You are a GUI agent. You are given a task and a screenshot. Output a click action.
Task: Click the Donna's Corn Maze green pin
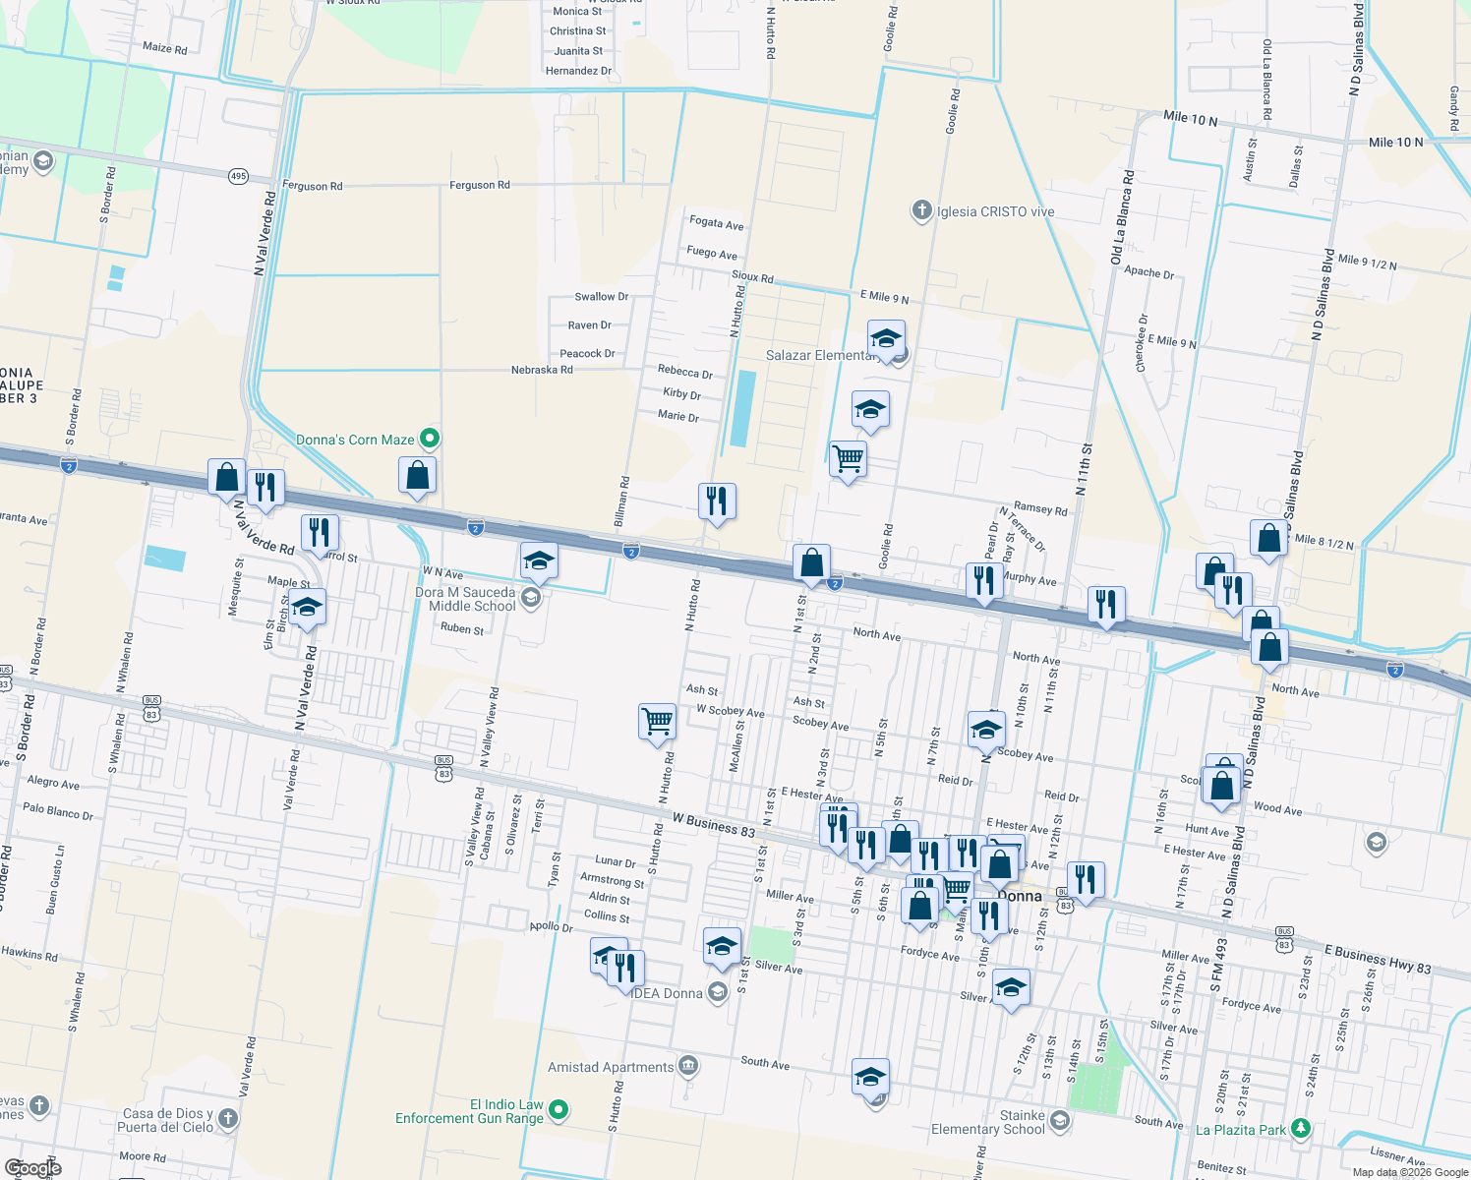(x=429, y=439)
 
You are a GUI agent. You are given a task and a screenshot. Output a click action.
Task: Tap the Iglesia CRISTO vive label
(x=995, y=211)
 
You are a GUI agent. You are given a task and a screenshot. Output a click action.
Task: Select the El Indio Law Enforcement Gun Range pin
(x=559, y=1110)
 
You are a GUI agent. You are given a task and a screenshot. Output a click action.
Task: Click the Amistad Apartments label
(x=611, y=1067)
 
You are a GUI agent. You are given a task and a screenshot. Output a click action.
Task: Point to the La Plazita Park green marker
(x=1301, y=1128)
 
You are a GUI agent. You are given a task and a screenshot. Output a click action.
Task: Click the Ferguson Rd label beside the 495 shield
(x=313, y=186)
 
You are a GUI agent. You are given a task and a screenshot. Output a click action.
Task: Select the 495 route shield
(x=238, y=177)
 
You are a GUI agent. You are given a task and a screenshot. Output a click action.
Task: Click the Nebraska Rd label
(x=542, y=370)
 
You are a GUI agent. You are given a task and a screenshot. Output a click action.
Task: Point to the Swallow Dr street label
(x=601, y=296)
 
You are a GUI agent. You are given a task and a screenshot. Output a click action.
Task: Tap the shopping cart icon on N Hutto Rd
(x=657, y=722)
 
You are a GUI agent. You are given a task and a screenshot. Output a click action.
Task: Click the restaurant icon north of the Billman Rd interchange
(x=717, y=501)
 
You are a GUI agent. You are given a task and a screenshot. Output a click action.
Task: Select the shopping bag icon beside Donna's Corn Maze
(x=417, y=476)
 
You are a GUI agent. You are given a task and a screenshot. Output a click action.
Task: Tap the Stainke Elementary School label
(x=988, y=1122)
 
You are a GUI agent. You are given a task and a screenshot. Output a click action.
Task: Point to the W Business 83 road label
(x=714, y=824)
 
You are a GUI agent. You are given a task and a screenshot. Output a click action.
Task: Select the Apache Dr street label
(x=1148, y=272)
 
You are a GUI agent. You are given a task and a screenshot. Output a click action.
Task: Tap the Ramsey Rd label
(x=1040, y=508)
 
